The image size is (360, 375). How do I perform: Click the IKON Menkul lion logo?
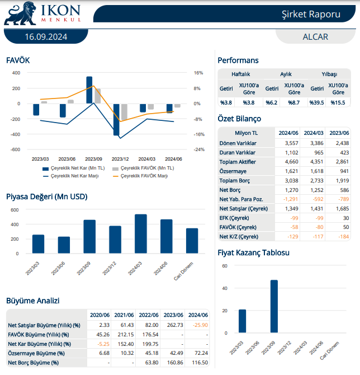click(21, 13)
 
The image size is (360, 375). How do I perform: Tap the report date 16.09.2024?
click(46, 37)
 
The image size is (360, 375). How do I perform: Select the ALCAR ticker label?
click(315, 37)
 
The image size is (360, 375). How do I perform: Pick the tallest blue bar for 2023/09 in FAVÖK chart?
click(89, 90)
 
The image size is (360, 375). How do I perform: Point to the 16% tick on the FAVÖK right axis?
click(198, 73)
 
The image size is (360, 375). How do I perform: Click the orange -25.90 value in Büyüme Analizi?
click(198, 325)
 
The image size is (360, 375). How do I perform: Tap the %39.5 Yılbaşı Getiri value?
click(318, 102)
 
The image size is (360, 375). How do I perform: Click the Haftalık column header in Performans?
click(241, 74)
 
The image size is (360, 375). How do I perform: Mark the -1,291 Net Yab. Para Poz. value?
click(288, 199)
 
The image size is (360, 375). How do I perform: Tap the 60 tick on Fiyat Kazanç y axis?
click(225, 266)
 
